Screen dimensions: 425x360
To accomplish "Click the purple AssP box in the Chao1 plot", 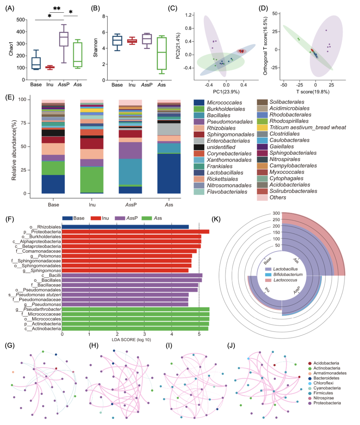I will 63,39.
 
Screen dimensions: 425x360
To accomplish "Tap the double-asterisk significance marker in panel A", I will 57,9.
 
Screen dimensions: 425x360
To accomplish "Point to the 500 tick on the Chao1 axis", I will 21,20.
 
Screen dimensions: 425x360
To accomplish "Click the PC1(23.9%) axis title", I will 226,92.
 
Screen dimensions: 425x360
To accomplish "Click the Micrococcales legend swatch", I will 199,103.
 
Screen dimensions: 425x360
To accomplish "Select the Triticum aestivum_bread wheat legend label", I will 307,127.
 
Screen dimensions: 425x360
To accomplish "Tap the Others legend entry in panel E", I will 278,197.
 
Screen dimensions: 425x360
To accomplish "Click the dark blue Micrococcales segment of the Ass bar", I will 169,173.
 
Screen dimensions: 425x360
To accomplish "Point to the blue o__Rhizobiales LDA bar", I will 125,227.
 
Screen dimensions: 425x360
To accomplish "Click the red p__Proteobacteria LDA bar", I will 136,232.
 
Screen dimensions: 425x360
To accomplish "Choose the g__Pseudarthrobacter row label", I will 39,309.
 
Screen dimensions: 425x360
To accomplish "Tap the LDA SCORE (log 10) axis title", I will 131,340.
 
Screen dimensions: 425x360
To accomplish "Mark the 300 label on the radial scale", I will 276,213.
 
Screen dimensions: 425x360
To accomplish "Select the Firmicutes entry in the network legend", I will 323,393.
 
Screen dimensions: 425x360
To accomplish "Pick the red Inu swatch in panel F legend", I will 96,218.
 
